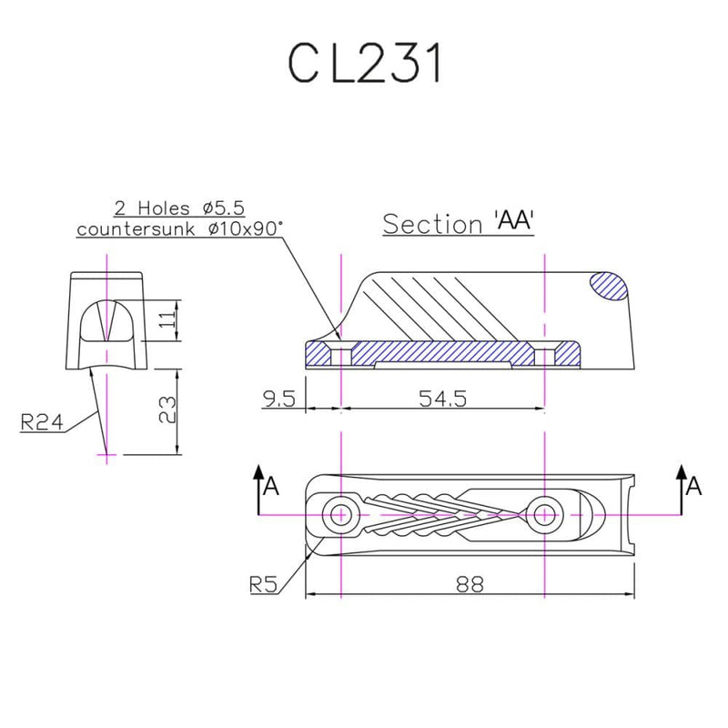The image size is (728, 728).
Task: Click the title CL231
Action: (364, 65)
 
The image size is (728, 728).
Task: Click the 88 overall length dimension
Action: (470, 585)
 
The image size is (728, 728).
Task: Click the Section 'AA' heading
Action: (457, 224)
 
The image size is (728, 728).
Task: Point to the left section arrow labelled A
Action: (262, 487)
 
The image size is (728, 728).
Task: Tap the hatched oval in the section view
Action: (610, 286)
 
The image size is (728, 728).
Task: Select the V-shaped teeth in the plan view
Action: (428, 514)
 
